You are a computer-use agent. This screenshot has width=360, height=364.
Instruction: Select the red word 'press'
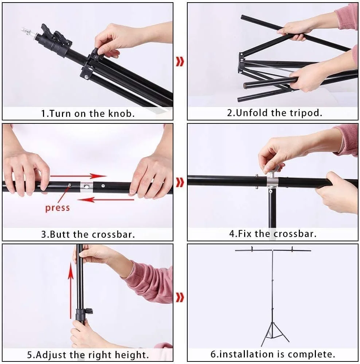tap(58, 208)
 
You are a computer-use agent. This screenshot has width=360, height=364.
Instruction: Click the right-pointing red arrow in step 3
tap(78, 176)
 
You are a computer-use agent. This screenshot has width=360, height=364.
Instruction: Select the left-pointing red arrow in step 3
tap(105, 199)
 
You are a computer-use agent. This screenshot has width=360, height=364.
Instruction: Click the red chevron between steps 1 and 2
tap(180, 62)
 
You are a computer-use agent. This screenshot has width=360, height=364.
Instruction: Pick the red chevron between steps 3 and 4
tap(180, 182)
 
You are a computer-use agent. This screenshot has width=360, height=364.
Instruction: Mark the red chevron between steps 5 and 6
tap(180, 297)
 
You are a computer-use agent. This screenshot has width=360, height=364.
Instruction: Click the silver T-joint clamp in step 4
tap(271, 181)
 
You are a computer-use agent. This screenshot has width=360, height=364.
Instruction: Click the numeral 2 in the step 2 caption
tap(230, 113)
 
